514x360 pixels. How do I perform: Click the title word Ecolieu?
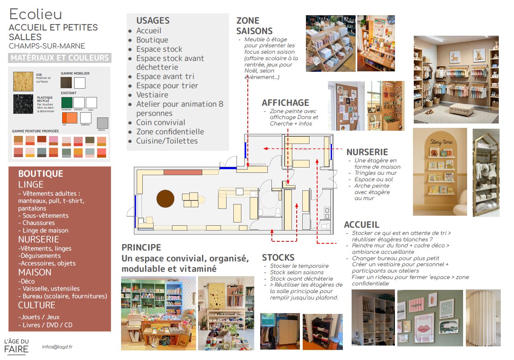(36, 14)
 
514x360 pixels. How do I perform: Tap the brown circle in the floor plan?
(165, 198)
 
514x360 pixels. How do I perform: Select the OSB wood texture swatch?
(23, 81)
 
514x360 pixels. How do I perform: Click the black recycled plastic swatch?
(23, 104)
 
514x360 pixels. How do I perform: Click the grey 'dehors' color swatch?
(103, 123)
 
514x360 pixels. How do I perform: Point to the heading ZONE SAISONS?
(254, 26)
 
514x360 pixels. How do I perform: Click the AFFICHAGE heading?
(285, 103)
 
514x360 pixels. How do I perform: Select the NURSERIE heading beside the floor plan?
(367, 152)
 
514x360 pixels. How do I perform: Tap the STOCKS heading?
(278, 257)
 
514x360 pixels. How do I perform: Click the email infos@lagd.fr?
(54, 347)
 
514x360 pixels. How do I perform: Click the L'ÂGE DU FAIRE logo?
(16, 346)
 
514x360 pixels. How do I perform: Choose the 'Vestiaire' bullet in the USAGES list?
(152, 95)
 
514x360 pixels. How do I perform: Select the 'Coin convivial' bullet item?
(160, 123)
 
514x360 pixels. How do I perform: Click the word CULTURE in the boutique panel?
(36, 305)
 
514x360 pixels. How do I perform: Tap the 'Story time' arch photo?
(440, 172)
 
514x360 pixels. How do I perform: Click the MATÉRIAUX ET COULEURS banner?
(60, 58)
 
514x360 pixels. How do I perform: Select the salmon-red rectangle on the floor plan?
(182, 172)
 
